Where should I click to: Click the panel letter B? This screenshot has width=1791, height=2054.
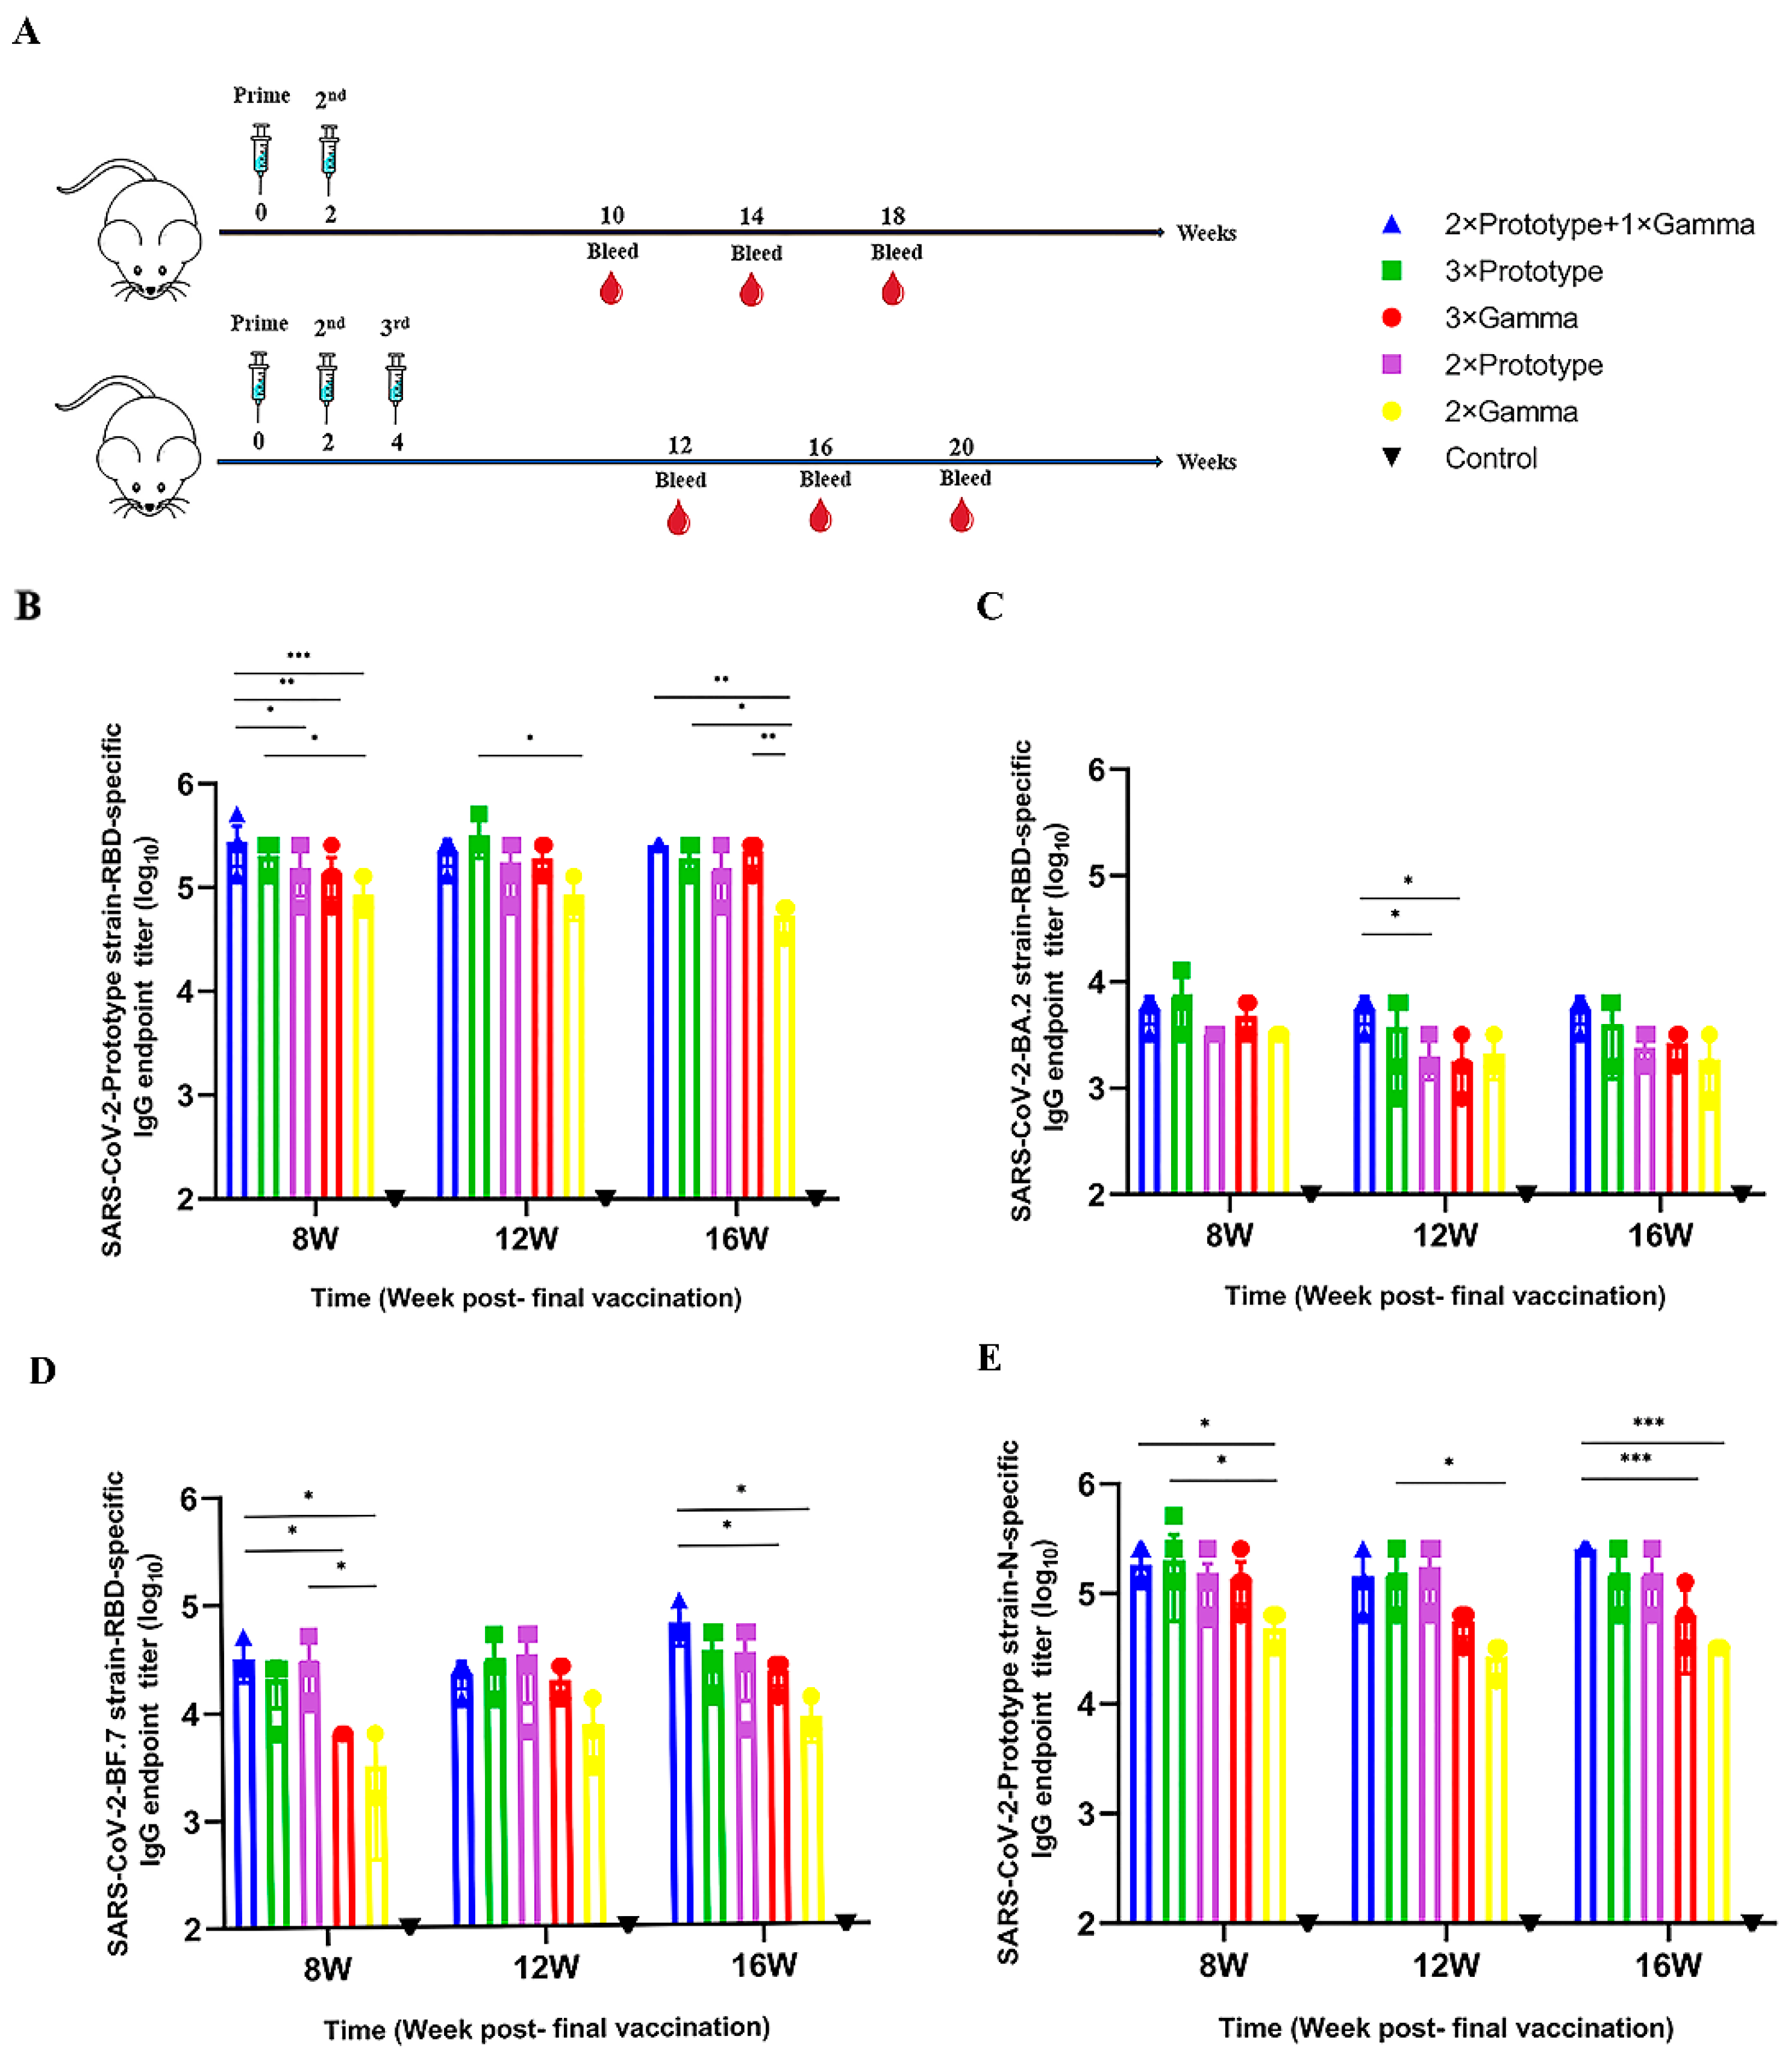(28, 606)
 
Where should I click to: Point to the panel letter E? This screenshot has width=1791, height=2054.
(989, 1357)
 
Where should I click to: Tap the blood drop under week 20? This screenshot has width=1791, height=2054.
(961, 517)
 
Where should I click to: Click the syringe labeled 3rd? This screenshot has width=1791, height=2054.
(396, 385)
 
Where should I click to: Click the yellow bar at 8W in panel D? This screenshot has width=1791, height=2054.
(376, 1849)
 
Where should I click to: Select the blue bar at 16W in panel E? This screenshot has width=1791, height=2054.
(1584, 1739)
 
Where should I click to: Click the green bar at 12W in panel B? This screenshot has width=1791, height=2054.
(479, 1020)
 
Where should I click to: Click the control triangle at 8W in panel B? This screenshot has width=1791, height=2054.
(395, 1197)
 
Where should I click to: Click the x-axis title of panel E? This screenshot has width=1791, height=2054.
(1445, 2028)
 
